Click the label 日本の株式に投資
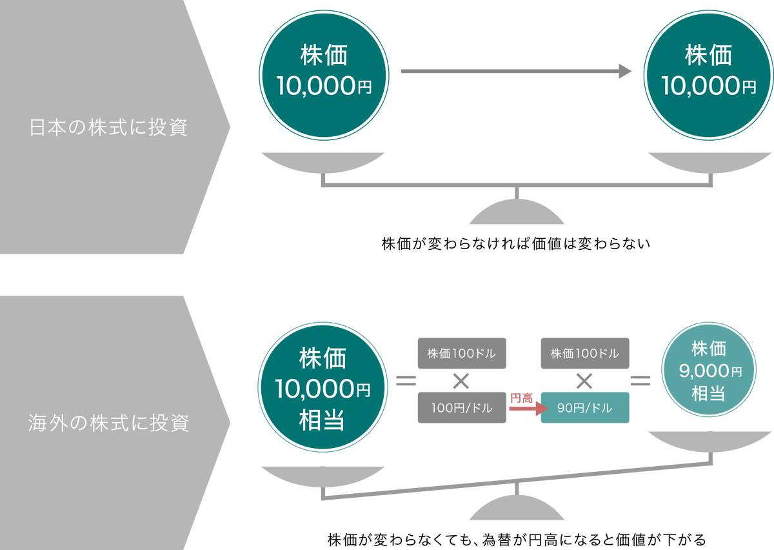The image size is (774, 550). (x=108, y=128)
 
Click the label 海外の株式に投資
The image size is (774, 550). (x=108, y=424)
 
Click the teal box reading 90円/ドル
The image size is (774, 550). (x=584, y=408)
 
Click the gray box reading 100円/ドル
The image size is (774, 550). (x=461, y=408)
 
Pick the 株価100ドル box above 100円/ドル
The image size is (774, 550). (x=461, y=354)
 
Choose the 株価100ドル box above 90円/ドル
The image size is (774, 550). (x=584, y=354)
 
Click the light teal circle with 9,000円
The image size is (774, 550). (x=708, y=372)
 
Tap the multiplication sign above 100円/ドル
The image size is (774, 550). (x=461, y=381)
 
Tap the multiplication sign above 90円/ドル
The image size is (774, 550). (x=584, y=381)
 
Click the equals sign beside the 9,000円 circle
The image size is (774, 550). (x=640, y=381)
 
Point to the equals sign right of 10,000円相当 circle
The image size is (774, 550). (x=406, y=381)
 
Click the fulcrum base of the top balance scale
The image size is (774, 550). (x=517, y=214)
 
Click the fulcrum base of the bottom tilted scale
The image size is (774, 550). (x=517, y=510)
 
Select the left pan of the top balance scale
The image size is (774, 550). (x=322, y=161)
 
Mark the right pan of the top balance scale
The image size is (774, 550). (x=709, y=161)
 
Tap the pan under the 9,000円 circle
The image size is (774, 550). (x=709, y=441)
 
